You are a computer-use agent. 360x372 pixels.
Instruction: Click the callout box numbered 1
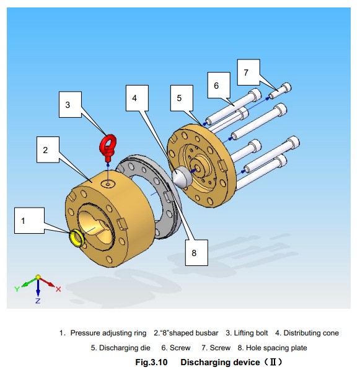coord(29,220)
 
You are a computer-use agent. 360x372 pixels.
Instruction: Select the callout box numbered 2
coord(48,149)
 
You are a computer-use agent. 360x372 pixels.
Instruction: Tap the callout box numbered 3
coord(70,104)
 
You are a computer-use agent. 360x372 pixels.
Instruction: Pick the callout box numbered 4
coord(137,98)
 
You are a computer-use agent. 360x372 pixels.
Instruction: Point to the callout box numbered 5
coord(182,98)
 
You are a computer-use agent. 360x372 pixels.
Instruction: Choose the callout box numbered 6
coord(219,85)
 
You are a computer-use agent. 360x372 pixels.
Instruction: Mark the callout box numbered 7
coord(248,72)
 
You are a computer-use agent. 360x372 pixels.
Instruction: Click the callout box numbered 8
coord(196,253)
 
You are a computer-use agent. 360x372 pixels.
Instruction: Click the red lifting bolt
coord(108,148)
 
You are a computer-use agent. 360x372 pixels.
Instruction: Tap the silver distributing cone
coord(181,177)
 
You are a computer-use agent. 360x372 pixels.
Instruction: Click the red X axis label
coord(58,289)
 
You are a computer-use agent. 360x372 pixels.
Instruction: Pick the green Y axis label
coord(17,289)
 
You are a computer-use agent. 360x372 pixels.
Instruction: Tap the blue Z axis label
coord(38,301)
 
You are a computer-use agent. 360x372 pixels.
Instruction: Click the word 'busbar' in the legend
coord(205,333)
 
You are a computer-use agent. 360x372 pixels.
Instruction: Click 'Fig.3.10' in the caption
coord(151,362)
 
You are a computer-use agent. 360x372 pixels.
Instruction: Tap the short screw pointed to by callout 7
coord(280,91)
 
